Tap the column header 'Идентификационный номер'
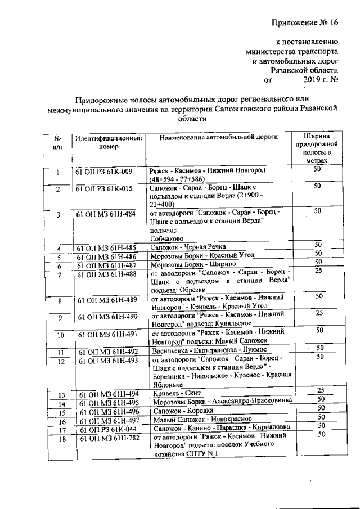coord(108,142)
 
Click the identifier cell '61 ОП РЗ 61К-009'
coord(105,171)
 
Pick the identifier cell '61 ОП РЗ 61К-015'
coord(105,188)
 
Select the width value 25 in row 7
coord(318,271)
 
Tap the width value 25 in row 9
coord(318,313)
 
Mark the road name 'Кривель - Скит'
coord(177,393)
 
